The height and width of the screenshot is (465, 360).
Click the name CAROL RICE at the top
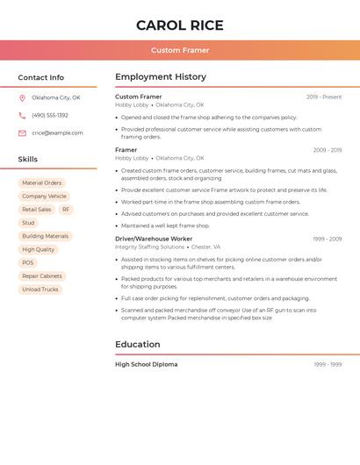(180, 25)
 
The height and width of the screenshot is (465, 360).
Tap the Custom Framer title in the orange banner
(180, 50)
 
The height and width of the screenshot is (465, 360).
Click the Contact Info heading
(40, 77)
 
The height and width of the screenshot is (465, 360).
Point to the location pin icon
(22, 97)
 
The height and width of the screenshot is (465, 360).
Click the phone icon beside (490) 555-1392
(22, 115)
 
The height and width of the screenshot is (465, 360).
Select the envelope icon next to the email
(22, 133)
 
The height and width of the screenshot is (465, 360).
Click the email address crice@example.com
(57, 133)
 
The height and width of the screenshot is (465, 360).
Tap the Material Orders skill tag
(42, 182)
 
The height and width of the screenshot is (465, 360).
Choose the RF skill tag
(66, 210)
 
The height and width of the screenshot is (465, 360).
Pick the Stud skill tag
(28, 223)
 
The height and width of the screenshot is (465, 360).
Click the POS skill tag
(28, 262)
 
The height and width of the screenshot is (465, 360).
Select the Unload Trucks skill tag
(40, 290)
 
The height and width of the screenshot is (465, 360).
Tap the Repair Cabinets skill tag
(42, 276)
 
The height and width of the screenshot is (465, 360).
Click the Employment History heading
(161, 76)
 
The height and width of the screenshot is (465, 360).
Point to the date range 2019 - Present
(324, 97)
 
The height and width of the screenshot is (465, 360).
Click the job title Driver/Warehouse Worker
(154, 239)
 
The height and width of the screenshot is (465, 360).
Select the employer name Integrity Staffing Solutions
(149, 247)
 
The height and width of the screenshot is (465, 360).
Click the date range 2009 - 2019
(327, 150)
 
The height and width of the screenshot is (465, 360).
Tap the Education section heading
(137, 344)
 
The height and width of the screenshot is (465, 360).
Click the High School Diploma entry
(146, 364)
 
